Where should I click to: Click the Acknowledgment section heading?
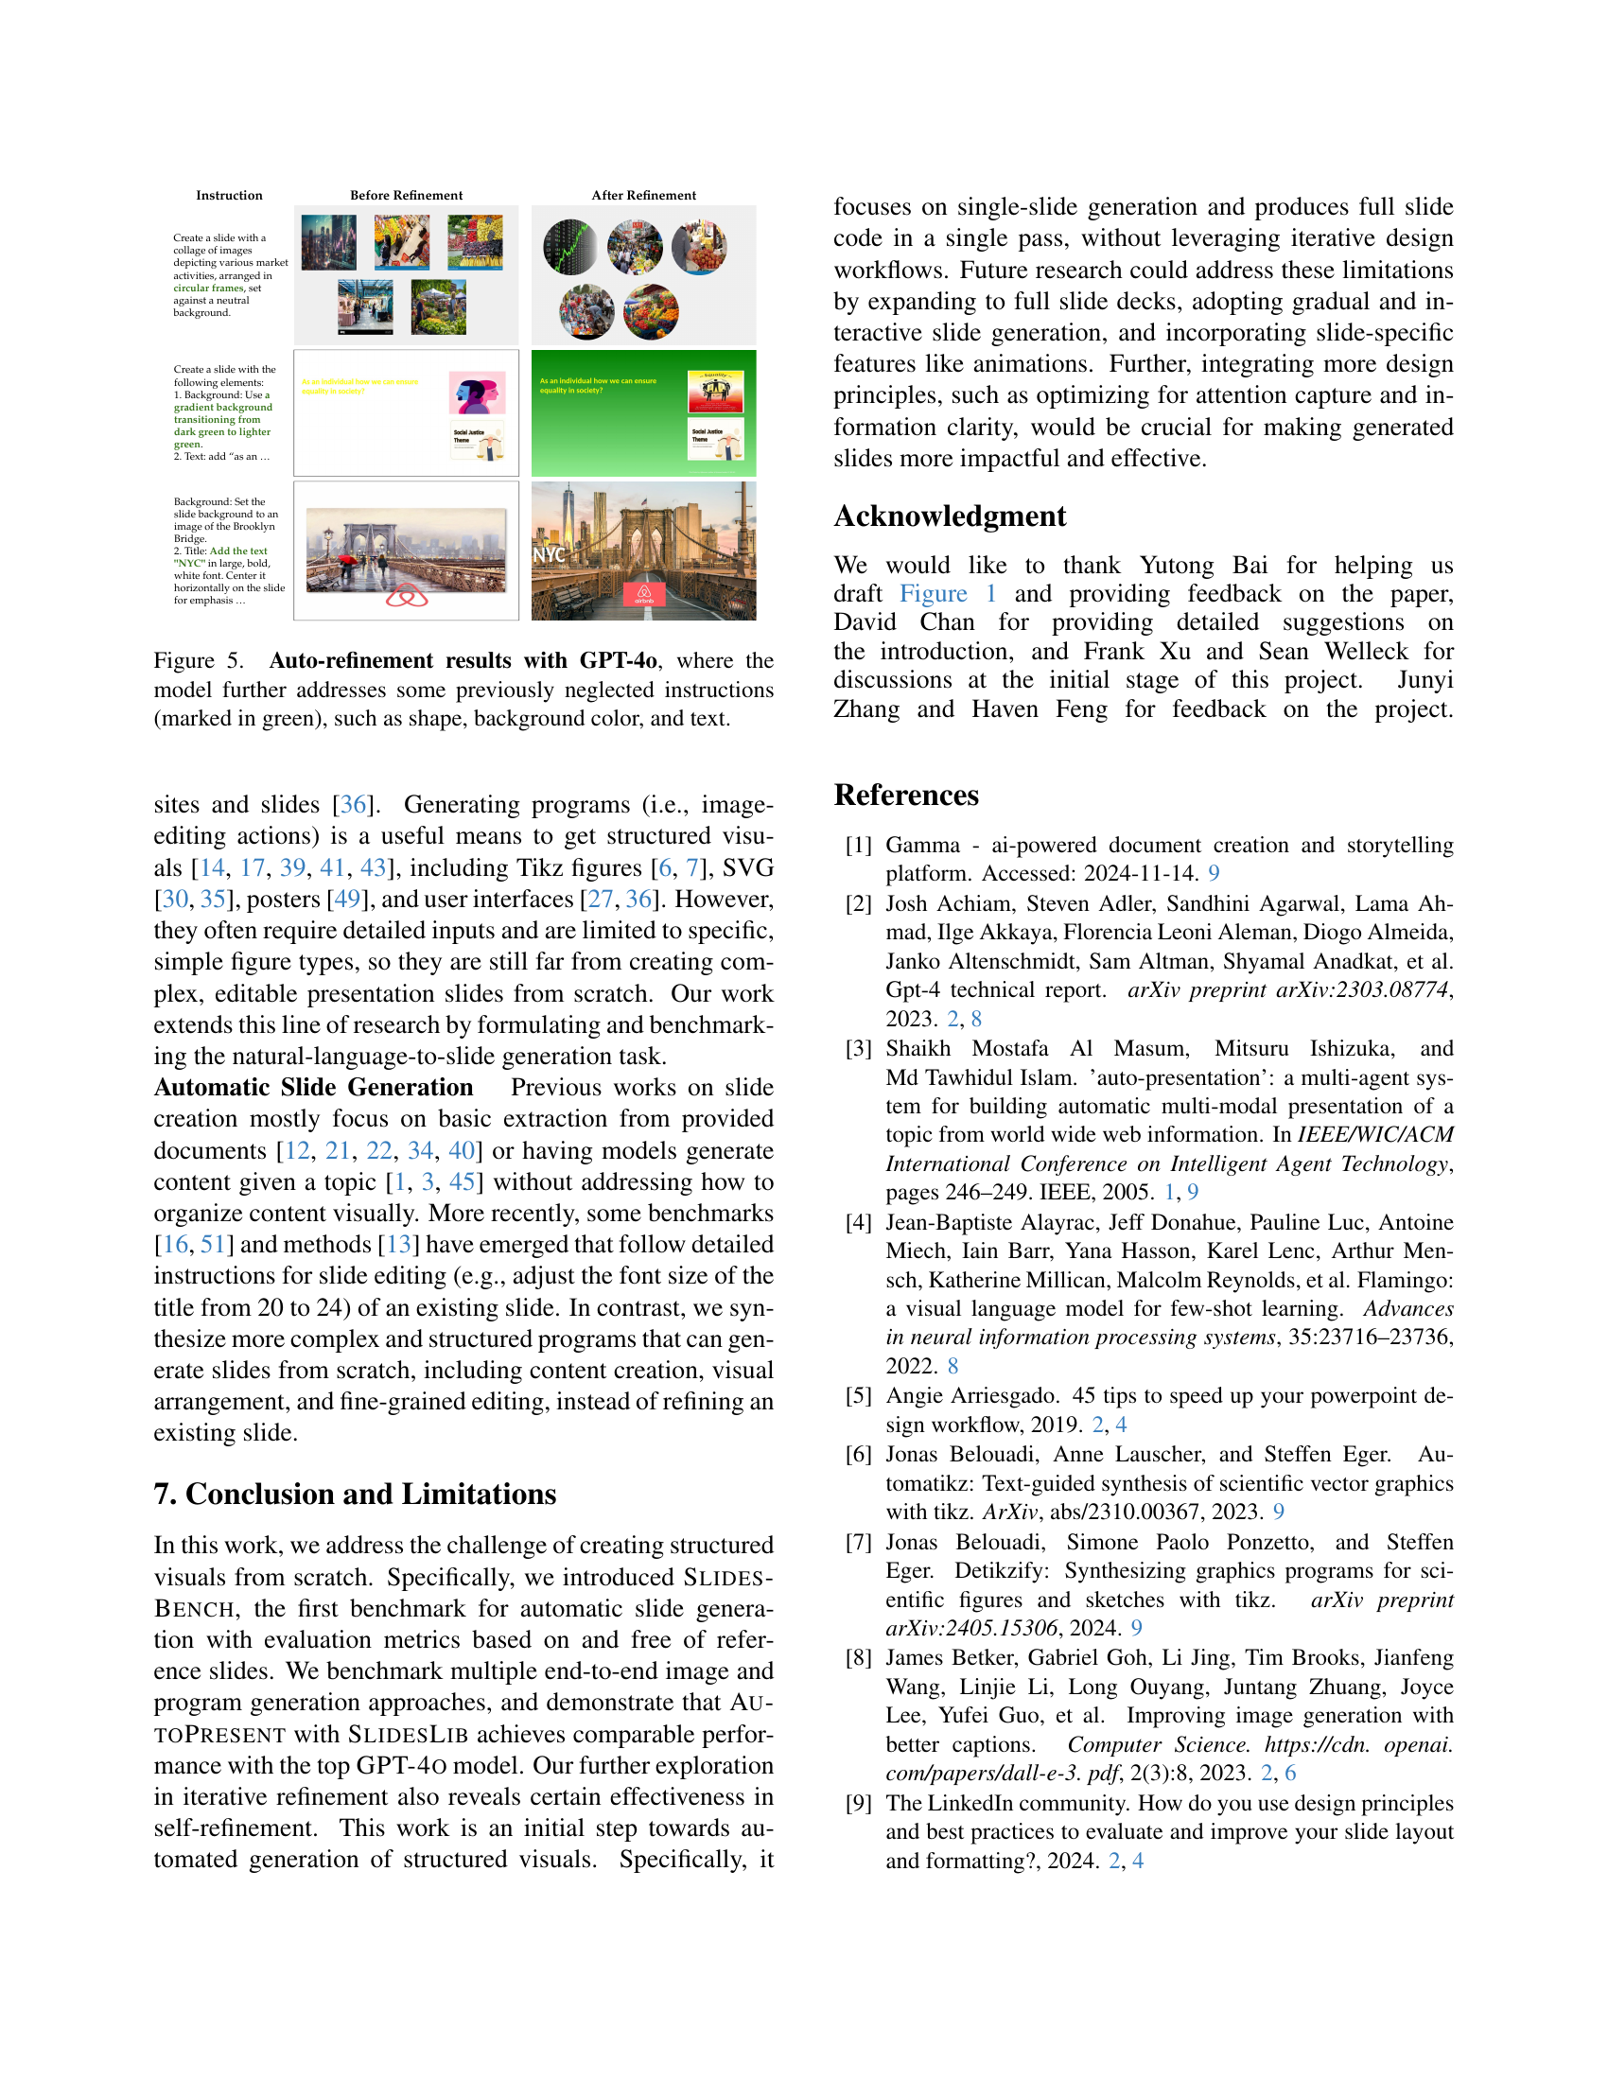pyautogui.click(x=949, y=516)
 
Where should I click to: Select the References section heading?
pyautogui.click(x=906, y=796)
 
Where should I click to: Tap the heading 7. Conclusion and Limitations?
pyautogui.click(x=355, y=1494)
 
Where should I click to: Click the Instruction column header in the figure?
pyautogui.click(x=229, y=196)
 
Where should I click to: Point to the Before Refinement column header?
pyautogui.click(x=406, y=196)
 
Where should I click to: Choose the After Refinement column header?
pyautogui.click(x=643, y=196)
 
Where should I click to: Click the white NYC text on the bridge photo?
pyautogui.click(x=549, y=554)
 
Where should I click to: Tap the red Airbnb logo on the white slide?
pyautogui.click(x=407, y=597)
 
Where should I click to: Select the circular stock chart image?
pyautogui.click(x=569, y=248)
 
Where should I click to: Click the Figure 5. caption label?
pyautogui.click(x=198, y=661)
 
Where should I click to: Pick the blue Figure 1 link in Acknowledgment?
pyautogui.click(x=948, y=595)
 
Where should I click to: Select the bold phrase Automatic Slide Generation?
pyautogui.click(x=313, y=1088)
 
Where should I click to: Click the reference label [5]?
pyautogui.click(x=858, y=1396)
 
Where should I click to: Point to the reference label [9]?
pyautogui.click(x=858, y=1804)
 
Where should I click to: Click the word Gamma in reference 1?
pyautogui.click(x=922, y=845)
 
